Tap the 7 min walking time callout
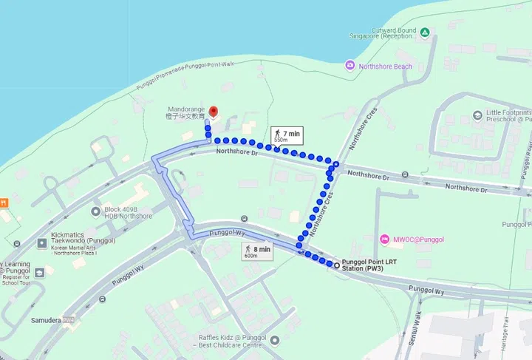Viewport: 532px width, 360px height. pos(287,134)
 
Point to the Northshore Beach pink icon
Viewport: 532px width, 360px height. pos(349,67)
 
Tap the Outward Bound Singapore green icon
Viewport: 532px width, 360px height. pos(425,33)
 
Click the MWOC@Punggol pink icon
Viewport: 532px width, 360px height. pos(384,240)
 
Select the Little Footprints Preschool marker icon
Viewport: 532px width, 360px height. pos(477,116)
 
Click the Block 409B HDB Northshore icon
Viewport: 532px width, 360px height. pos(96,212)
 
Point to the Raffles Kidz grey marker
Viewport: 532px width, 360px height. pos(274,341)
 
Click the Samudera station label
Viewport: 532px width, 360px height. pos(44,319)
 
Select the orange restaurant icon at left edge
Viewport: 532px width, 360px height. pos(4,202)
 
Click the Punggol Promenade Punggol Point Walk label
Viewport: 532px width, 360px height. pos(185,75)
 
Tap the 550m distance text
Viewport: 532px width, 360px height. pos(281,140)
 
